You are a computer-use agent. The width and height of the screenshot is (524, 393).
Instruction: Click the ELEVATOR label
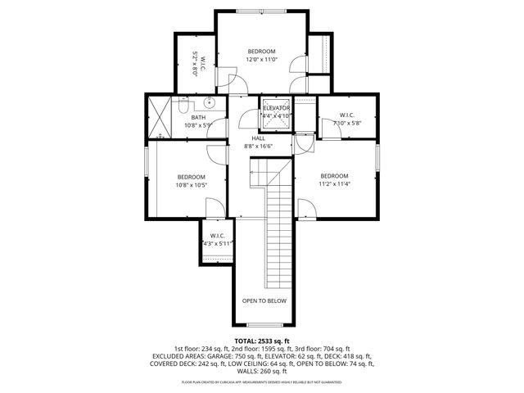(x=277, y=108)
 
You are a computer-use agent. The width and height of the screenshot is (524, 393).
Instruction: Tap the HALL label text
(x=258, y=138)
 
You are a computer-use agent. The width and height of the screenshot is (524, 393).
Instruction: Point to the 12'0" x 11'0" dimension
(x=263, y=59)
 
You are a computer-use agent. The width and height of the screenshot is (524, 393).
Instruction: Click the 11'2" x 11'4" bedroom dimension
(x=334, y=184)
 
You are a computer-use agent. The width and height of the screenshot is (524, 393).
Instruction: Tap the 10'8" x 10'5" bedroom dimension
(x=192, y=184)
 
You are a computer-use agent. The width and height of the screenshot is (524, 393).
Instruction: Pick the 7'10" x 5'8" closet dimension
(x=347, y=123)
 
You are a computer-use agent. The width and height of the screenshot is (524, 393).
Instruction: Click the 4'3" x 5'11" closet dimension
(x=217, y=243)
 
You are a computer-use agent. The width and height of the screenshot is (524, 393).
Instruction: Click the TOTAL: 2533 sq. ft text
(x=262, y=341)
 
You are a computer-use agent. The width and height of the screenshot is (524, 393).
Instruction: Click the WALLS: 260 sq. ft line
(x=262, y=372)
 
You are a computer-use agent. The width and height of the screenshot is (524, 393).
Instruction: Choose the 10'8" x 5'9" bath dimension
(x=197, y=125)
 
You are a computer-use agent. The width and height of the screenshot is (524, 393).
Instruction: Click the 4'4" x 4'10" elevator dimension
(x=277, y=115)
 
